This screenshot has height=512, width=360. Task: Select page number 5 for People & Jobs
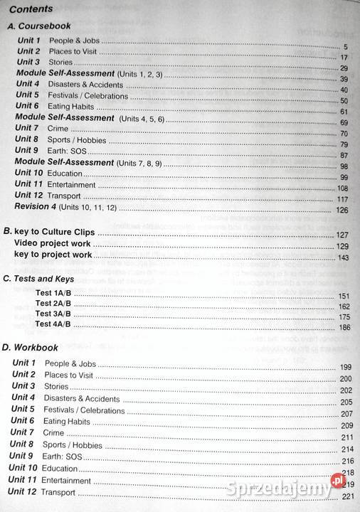(x=344, y=47)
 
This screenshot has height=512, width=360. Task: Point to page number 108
(x=342, y=188)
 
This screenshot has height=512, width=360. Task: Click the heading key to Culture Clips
(x=54, y=233)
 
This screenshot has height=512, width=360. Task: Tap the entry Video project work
(x=53, y=244)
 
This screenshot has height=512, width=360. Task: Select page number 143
(x=343, y=258)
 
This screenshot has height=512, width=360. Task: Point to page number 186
(x=344, y=327)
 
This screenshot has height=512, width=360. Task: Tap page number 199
(x=346, y=367)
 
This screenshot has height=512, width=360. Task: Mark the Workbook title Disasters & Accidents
(x=83, y=399)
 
